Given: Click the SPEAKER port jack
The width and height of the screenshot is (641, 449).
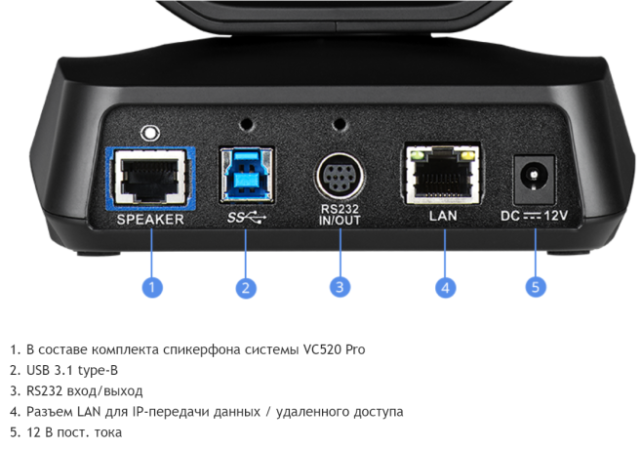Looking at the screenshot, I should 150,178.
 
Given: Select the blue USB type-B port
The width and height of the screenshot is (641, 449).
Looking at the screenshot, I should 246,176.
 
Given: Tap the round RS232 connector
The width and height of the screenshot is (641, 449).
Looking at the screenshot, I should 340,178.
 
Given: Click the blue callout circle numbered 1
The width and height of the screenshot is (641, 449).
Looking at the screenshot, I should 151,287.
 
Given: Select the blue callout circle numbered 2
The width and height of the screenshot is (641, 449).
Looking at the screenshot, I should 246,287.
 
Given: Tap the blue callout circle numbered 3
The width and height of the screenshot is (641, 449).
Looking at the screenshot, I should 340,287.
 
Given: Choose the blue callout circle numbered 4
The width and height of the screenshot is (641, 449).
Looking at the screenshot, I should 444,287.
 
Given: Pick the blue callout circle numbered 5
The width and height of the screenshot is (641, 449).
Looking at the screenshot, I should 535,287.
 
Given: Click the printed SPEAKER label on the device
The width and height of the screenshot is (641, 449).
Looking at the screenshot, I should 150,220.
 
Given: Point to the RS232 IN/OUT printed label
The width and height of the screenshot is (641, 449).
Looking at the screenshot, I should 340,216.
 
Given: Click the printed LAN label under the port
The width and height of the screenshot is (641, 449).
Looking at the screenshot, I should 444,215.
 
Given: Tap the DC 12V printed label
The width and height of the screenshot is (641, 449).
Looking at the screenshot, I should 535,215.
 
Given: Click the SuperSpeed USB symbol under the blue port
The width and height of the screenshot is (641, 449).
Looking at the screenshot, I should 245,216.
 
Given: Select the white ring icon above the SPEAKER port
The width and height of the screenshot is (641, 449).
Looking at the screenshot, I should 149,132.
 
